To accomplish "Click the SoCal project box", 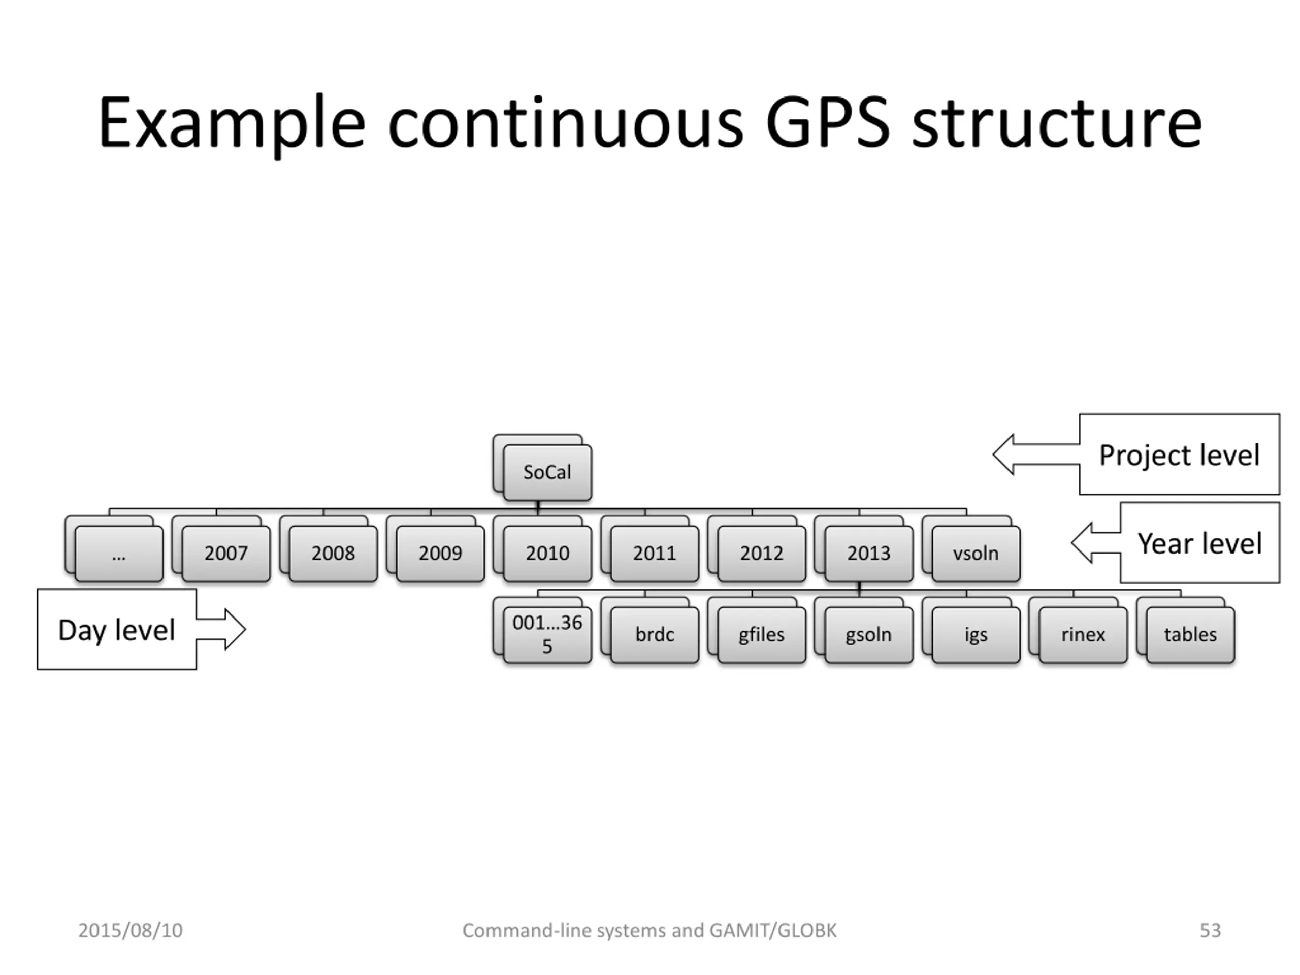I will [547, 472].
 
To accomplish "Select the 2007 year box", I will [226, 554].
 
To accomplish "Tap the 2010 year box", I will [547, 554].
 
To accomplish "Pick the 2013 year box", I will [869, 554].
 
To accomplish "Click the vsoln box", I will [976, 554].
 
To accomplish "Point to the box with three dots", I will [119, 554].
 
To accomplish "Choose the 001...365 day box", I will [547, 635].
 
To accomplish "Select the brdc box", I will [655, 635].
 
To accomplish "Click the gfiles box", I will [762, 635].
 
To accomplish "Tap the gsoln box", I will [869, 635].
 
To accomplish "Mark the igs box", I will [976, 635].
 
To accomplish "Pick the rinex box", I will [1083, 635].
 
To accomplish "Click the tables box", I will [1190, 635].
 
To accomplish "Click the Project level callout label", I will [1179, 455].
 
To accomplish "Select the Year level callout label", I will [1199, 543].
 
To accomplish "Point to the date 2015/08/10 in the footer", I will [131, 930].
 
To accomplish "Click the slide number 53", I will [1210, 930].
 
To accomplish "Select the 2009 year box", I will [440, 554].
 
